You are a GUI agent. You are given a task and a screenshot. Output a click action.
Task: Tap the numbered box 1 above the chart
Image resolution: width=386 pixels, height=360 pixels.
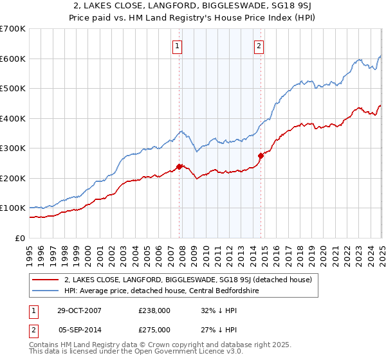pos(177,46)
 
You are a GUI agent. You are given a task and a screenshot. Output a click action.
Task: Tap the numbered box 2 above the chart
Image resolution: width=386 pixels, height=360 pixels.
pos(259,46)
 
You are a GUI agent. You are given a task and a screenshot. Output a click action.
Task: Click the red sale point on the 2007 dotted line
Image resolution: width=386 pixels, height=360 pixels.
pos(179,166)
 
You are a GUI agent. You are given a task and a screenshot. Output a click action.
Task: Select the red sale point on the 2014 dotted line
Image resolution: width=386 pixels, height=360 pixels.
pos(261,156)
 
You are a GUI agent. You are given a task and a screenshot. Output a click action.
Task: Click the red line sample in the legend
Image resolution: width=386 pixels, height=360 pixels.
pos(44,280)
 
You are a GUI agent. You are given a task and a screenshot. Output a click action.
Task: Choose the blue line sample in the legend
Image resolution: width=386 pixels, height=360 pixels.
pos(44,291)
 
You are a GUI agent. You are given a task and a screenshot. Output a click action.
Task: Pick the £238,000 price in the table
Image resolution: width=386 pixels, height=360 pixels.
pos(154,310)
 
